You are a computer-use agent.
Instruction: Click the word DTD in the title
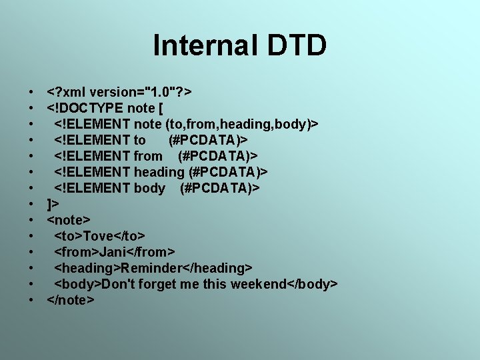coord(297,45)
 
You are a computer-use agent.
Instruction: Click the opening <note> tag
coord(69,220)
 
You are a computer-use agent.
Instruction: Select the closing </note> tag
coord(71,300)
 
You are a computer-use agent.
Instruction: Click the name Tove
coord(99,236)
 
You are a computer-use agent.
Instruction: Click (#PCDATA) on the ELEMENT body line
coord(219,188)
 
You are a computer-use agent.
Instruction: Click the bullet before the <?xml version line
coord(32,92)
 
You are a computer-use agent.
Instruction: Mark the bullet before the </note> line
coord(32,300)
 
